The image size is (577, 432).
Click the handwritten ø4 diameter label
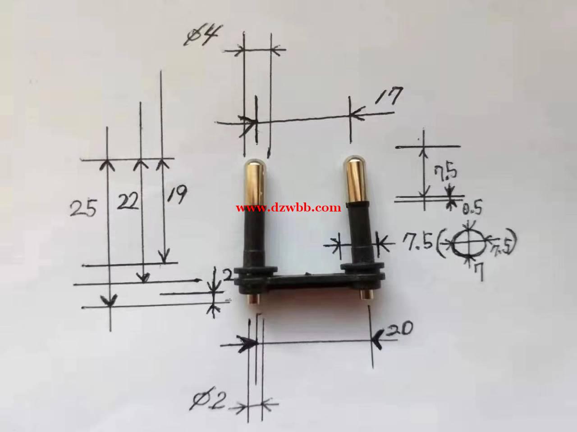pyautogui.click(x=203, y=35)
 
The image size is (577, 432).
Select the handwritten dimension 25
pyautogui.click(x=83, y=208)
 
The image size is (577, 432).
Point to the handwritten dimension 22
pyautogui.click(x=128, y=201)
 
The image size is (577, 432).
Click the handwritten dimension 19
pyautogui.click(x=177, y=194)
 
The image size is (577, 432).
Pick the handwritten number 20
pyautogui.click(x=399, y=329)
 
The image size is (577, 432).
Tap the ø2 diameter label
pyautogui.click(x=208, y=398)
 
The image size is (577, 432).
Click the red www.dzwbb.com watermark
pyautogui.click(x=288, y=208)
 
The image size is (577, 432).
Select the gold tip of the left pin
pyautogui.click(x=254, y=181)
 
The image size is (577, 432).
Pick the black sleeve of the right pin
pyautogui.click(x=362, y=233)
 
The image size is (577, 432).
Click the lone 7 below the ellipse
pyautogui.click(x=479, y=271)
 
